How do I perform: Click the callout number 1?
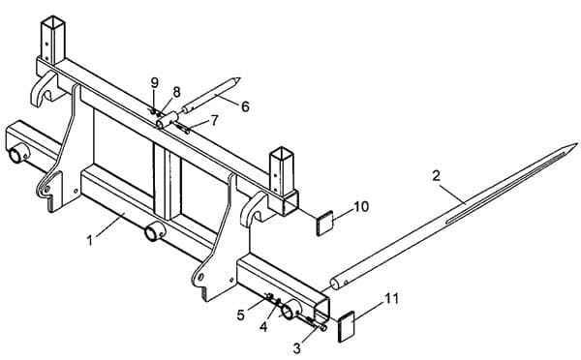[90, 241]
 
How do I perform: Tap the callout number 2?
[437, 175]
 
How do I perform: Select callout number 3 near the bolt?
[297, 348]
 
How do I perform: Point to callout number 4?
[263, 326]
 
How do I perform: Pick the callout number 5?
[241, 315]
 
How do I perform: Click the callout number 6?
[245, 106]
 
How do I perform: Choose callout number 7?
[215, 120]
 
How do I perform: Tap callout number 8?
[176, 92]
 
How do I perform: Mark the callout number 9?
[155, 83]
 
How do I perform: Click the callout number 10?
[361, 206]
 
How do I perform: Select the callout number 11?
[391, 298]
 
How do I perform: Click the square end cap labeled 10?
[324, 223]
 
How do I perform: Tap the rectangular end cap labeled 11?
[347, 326]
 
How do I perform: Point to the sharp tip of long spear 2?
[577, 144]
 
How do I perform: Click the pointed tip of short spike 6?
[240, 78]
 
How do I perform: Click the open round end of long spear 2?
[335, 285]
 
